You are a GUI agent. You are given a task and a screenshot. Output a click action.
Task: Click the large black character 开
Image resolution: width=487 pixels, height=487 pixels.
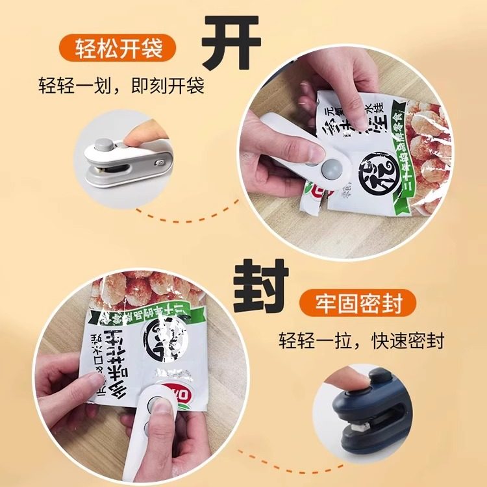coord(230,42)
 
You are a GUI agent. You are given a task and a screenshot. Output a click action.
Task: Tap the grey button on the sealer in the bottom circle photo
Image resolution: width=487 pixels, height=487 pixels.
coord(157,406)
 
